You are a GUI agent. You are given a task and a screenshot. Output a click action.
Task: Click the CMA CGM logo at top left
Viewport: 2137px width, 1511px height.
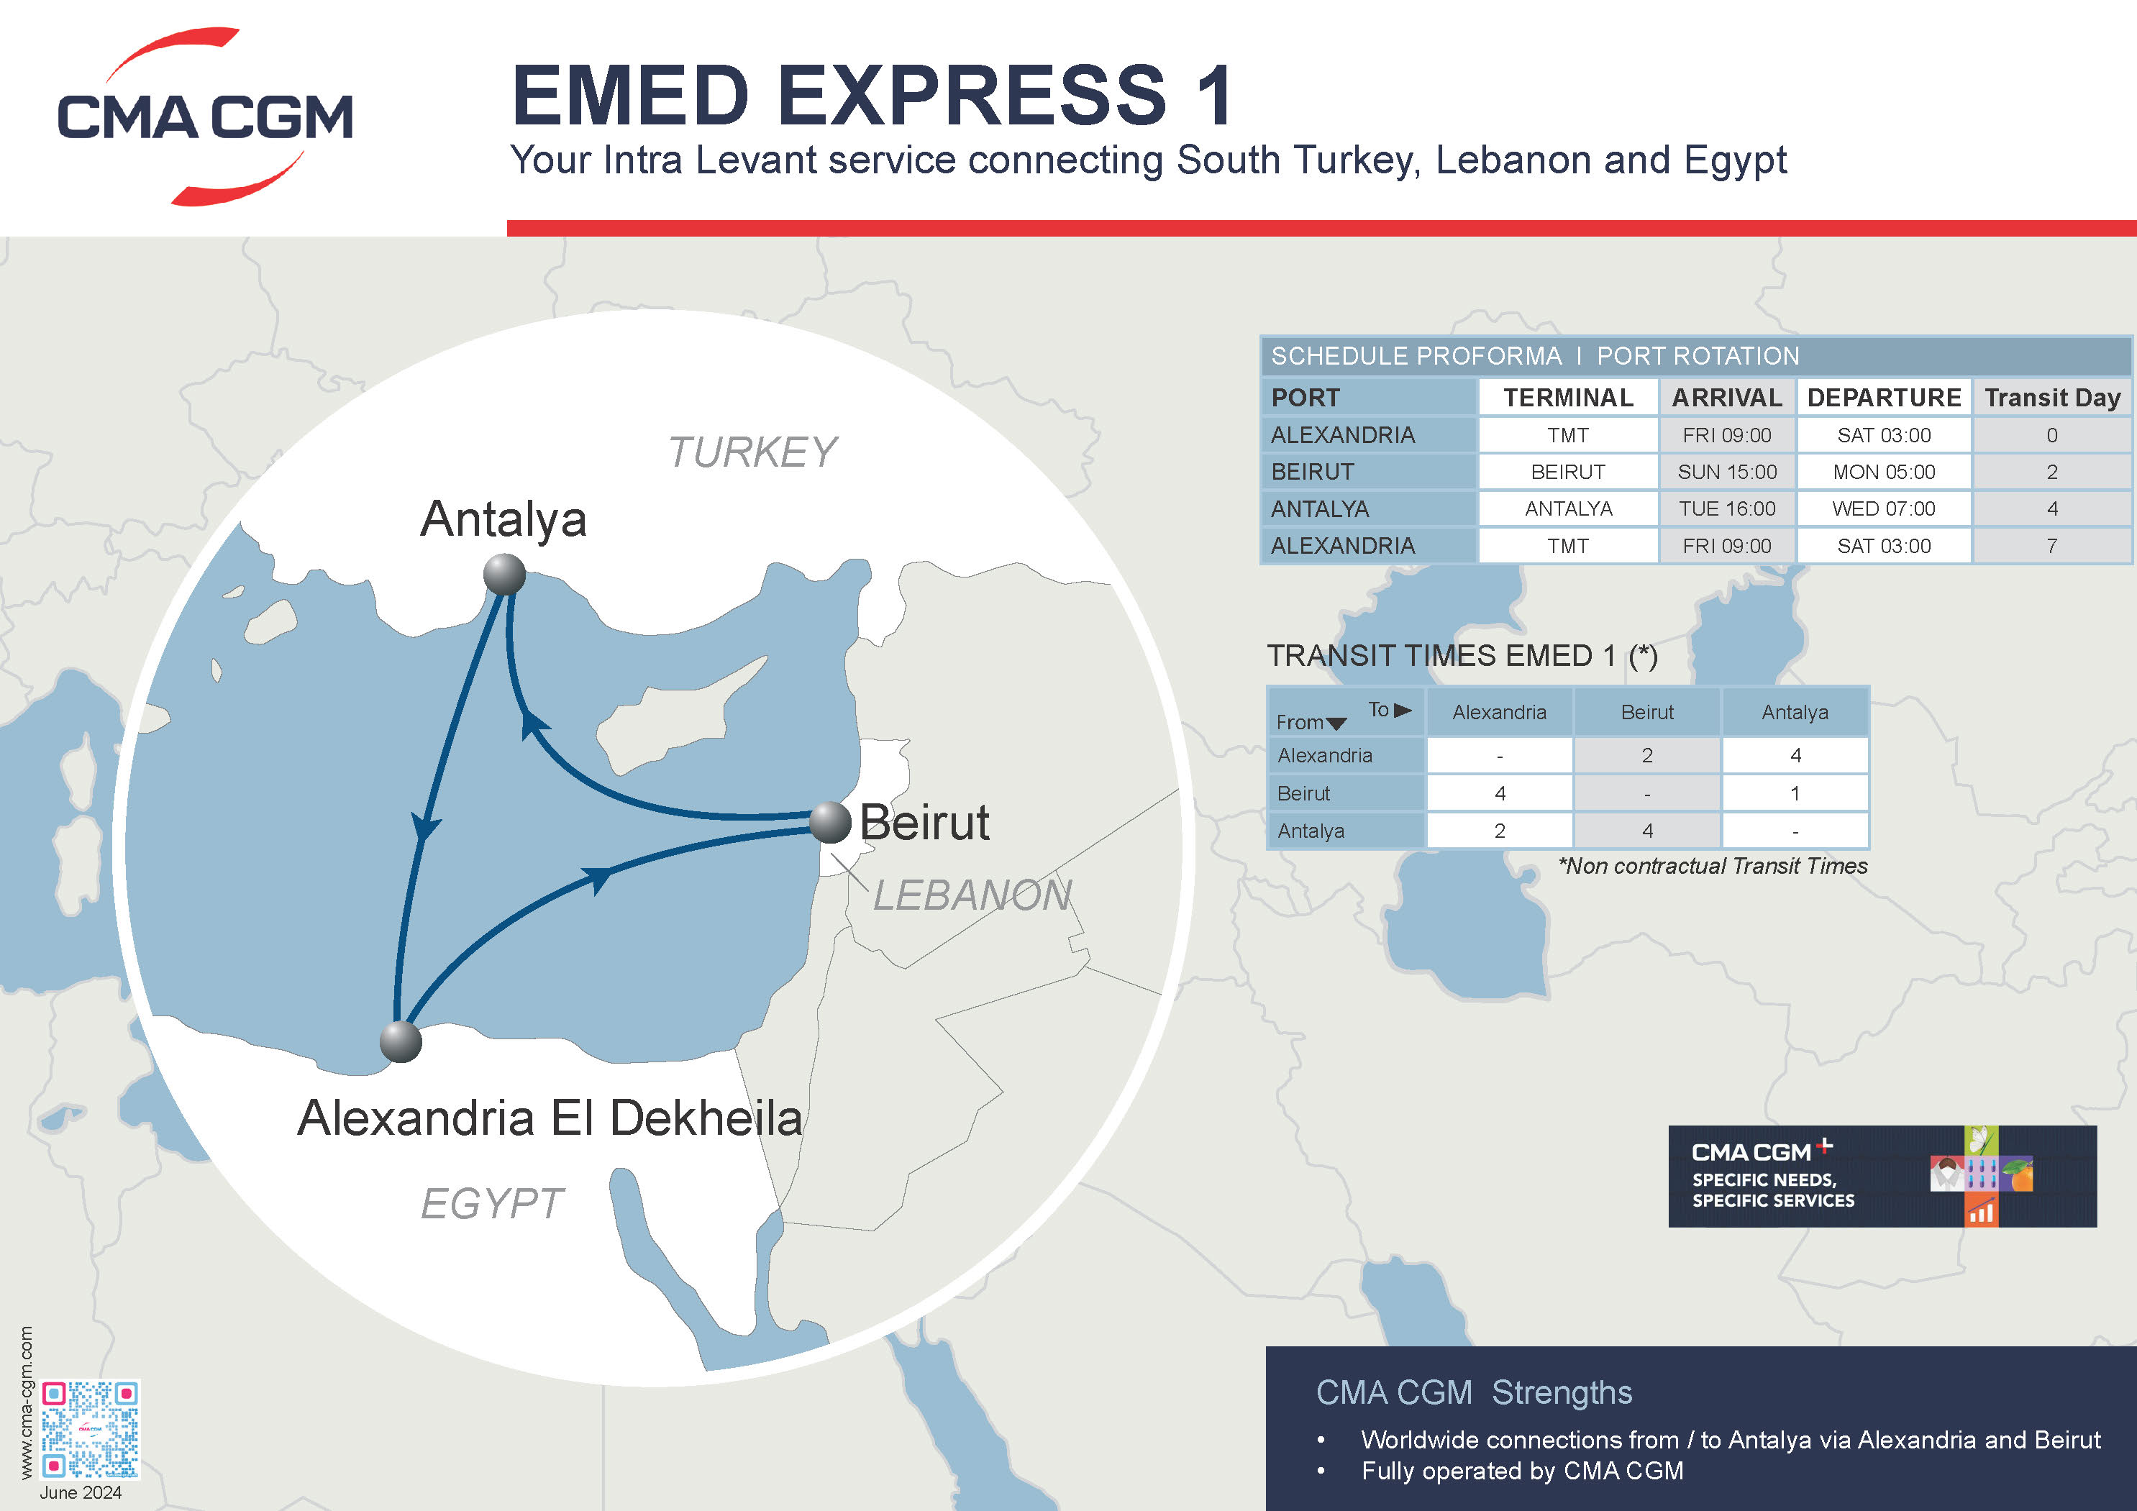point(205,117)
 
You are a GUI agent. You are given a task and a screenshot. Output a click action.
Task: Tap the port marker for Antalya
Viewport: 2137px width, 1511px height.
point(504,574)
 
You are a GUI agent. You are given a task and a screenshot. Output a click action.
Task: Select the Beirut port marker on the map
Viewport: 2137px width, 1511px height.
point(829,821)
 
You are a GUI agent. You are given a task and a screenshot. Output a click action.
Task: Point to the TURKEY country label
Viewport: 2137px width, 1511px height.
point(752,453)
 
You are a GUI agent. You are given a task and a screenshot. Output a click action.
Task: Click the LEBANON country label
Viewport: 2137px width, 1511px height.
point(972,895)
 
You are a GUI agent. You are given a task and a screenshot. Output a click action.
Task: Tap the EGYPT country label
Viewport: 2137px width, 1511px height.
point(491,1204)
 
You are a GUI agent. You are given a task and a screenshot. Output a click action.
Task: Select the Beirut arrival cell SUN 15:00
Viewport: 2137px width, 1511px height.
point(1726,472)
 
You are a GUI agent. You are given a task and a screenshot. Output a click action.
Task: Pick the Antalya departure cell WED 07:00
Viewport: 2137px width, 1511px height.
point(1883,509)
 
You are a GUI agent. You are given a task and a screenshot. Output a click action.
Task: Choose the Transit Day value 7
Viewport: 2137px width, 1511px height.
point(2051,546)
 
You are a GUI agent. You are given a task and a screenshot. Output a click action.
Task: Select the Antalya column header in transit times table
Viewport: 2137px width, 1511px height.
point(1795,713)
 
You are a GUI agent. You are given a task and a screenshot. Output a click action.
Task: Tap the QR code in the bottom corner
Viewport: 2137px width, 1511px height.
point(91,1429)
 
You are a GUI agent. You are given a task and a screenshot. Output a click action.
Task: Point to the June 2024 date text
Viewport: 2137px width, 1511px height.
point(81,1492)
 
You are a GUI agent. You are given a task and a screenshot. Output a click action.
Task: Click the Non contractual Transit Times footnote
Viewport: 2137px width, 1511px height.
point(1713,866)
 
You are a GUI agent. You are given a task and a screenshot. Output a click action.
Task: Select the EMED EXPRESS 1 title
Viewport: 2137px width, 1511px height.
point(873,95)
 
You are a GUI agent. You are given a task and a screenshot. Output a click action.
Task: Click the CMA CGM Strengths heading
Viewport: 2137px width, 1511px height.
point(1473,1393)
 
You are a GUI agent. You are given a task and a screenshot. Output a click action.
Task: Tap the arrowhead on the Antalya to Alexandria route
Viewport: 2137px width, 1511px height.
point(425,827)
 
